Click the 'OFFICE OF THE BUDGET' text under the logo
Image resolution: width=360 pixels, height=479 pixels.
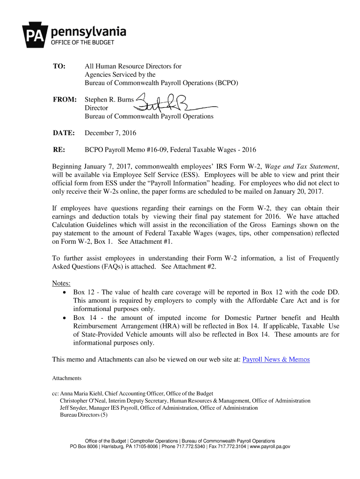[x=82, y=43]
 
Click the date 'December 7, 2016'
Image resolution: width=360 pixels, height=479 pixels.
[x=110, y=133]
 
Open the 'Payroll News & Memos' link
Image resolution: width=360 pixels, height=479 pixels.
[x=276, y=359]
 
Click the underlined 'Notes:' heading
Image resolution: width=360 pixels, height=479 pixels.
[x=61, y=283]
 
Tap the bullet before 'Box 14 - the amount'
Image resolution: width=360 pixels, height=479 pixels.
[x=65, y=318]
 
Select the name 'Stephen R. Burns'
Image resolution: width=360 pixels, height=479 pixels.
[x=109, y=100]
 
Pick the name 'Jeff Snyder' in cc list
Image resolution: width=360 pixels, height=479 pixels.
[x=73, y=408]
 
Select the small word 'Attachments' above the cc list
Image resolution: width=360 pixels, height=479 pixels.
[x=67, y=378]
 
